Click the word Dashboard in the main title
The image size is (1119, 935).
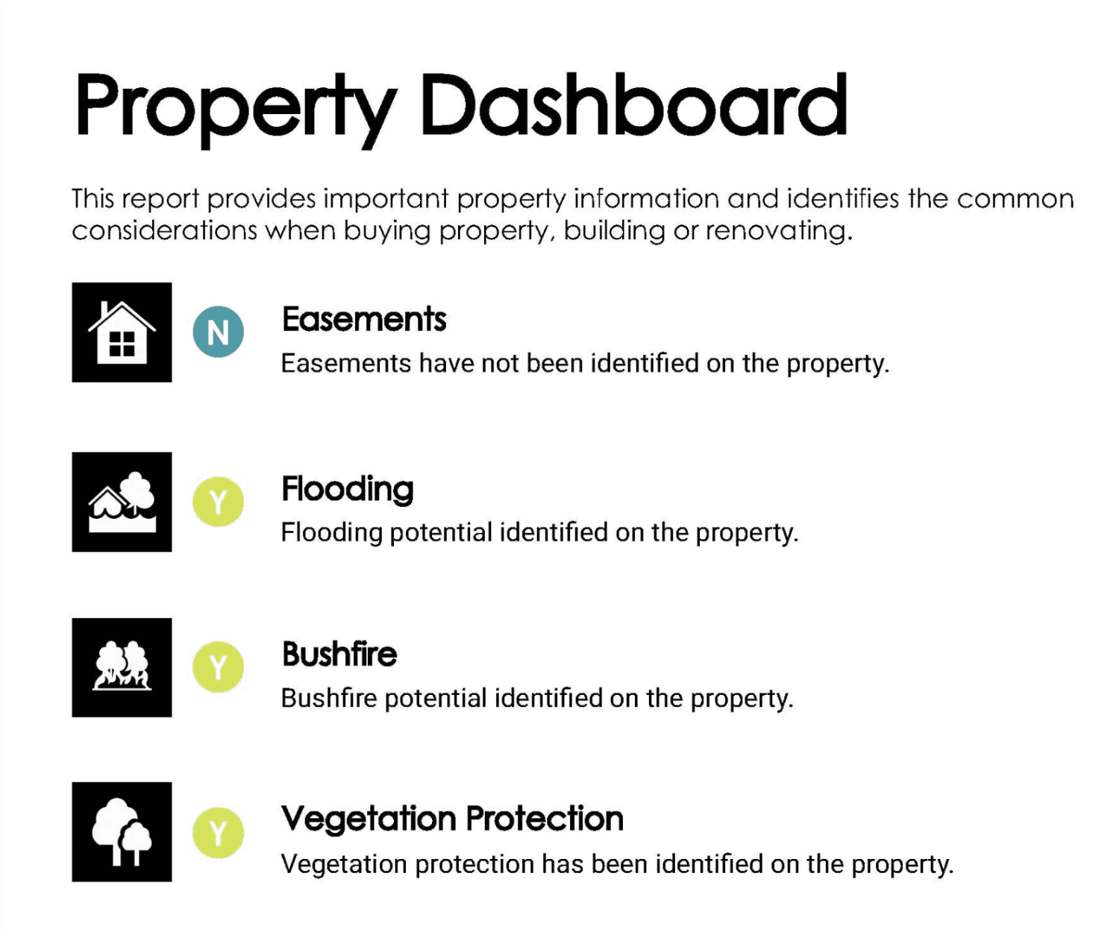tap(634, 106)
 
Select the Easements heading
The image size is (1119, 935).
tap(364, 319)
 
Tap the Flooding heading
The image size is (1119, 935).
tap(348, 489)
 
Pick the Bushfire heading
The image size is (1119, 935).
tap(339, 654)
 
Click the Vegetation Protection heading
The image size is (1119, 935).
tap(452, 819)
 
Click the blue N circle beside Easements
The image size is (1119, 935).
tap(218, 332)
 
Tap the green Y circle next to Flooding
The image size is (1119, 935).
tap(218, 502)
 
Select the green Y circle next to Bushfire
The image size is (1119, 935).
tap(218, 667)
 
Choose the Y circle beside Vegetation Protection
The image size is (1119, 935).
tap(218, 833)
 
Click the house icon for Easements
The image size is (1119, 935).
tap(122, 333)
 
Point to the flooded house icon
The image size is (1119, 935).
tap(122, 502)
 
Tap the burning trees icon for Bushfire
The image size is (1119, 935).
tap(122, 667)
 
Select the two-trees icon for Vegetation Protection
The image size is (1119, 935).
tap(122, 832)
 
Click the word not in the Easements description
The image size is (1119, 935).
tap(500, 363)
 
